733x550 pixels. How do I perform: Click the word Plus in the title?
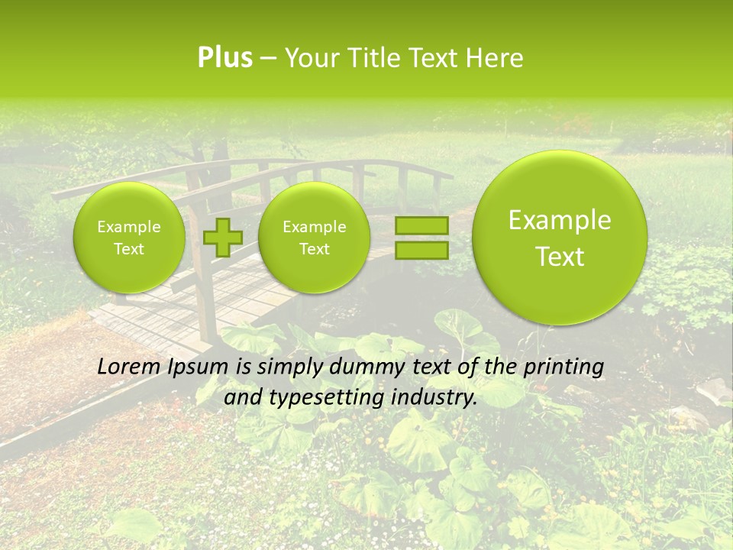point(224,58)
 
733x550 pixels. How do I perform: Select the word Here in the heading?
point(496,58)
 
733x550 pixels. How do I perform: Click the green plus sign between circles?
point(222,237)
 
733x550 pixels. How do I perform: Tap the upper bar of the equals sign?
point(421,225)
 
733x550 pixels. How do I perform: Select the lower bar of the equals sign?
point(421,250)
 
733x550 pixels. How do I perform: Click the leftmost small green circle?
point(129,238)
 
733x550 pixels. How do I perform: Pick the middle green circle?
point(314,238)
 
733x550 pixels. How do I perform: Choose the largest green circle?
point(560,238)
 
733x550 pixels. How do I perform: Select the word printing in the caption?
point(563,367)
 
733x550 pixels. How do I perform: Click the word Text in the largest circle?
point(560,257)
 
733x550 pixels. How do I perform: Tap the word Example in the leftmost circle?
point(129,227)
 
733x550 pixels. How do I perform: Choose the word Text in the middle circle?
point(314,249)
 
